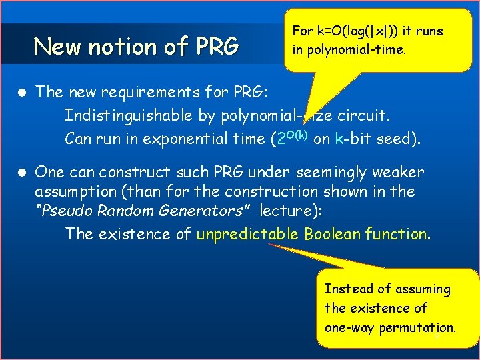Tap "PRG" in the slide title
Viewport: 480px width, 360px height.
(x=217, y=47)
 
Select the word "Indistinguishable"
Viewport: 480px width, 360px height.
(x=129, y=115)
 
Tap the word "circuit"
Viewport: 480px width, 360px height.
(x=363, y=115)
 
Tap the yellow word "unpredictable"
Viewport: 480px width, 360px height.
(x=248, y=234)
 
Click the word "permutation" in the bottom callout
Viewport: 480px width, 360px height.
(x=417, y=327)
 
